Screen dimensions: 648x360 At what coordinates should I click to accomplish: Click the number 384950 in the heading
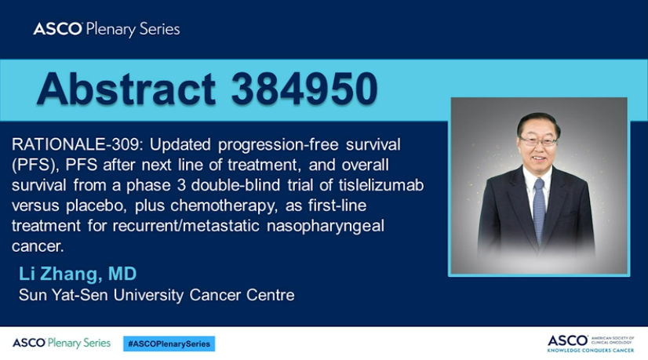click(x=304, y=89)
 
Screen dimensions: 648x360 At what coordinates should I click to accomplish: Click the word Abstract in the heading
click(x=126, y=89)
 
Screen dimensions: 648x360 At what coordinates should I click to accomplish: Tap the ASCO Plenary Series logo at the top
click(x=107, y=29)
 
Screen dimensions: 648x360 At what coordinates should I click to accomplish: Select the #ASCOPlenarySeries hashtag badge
click(x=169, y=344)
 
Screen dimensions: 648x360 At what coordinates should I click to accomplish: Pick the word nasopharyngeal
click(x=326, y=227)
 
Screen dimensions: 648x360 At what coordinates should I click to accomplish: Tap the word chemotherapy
click(x=224, y=205)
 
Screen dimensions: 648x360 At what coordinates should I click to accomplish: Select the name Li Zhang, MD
click(x=78, y=274)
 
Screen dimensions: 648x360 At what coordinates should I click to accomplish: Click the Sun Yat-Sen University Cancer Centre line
click(x=157, y=295)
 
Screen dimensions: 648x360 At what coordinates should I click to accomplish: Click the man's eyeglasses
click(x=538, y=142)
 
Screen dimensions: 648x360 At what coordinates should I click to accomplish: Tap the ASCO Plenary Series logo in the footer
click(x=61, y=343)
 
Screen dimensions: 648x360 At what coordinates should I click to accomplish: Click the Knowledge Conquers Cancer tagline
click(x=591, y=350)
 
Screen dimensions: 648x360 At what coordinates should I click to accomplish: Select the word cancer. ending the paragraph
click(x=38, y=247)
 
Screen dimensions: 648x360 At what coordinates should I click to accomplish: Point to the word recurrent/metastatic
click(x=186, y=226)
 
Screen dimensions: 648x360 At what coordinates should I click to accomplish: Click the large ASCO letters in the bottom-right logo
click(x=567, y=341)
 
